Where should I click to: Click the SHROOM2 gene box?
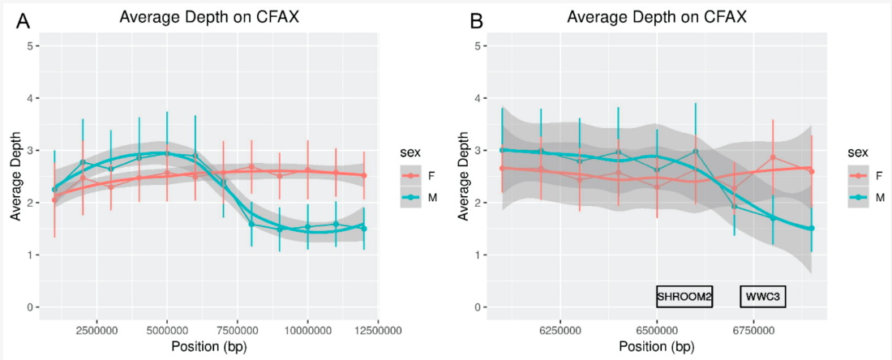pos(684,298)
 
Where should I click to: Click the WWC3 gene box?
pos(763,298)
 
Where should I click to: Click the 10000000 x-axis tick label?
pos(308,330)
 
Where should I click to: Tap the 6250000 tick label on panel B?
pos(561,330)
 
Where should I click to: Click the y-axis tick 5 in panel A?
pos(29,46)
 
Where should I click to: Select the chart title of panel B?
pos(658,17)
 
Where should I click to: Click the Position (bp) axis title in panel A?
pos(209,347)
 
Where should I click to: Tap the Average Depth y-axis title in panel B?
pos(461,177)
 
